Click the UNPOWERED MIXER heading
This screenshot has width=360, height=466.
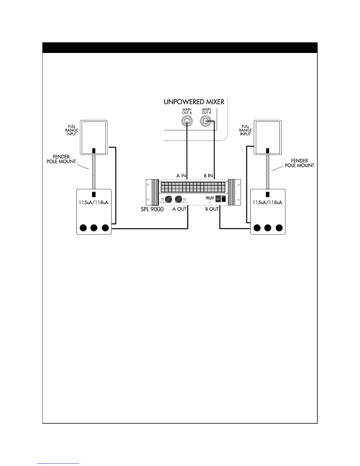(194, 102)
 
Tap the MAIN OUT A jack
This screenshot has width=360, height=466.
(187, 121)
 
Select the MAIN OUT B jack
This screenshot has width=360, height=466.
(206, 121)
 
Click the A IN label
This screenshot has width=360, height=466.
(181, 176)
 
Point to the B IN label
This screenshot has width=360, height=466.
(209, 176)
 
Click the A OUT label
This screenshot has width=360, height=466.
(179, 209)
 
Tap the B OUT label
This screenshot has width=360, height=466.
(212, 209)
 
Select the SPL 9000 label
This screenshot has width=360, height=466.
(152, 209)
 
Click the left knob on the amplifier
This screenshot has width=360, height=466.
(169, 199)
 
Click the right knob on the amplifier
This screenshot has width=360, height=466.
(178, 199)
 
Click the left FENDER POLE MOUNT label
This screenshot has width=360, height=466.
(61, 159)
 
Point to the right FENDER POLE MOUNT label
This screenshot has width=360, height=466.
(299, 163)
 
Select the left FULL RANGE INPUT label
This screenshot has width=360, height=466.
(72, 130)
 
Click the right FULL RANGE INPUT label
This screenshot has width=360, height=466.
(245, 130)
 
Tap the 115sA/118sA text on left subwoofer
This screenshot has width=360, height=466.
(94, 203)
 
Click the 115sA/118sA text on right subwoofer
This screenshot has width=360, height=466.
(267, 203)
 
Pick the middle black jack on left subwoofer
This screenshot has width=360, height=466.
(94, 228)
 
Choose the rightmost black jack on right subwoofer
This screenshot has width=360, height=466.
(279, 228)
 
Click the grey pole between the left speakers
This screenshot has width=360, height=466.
(94, 172)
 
